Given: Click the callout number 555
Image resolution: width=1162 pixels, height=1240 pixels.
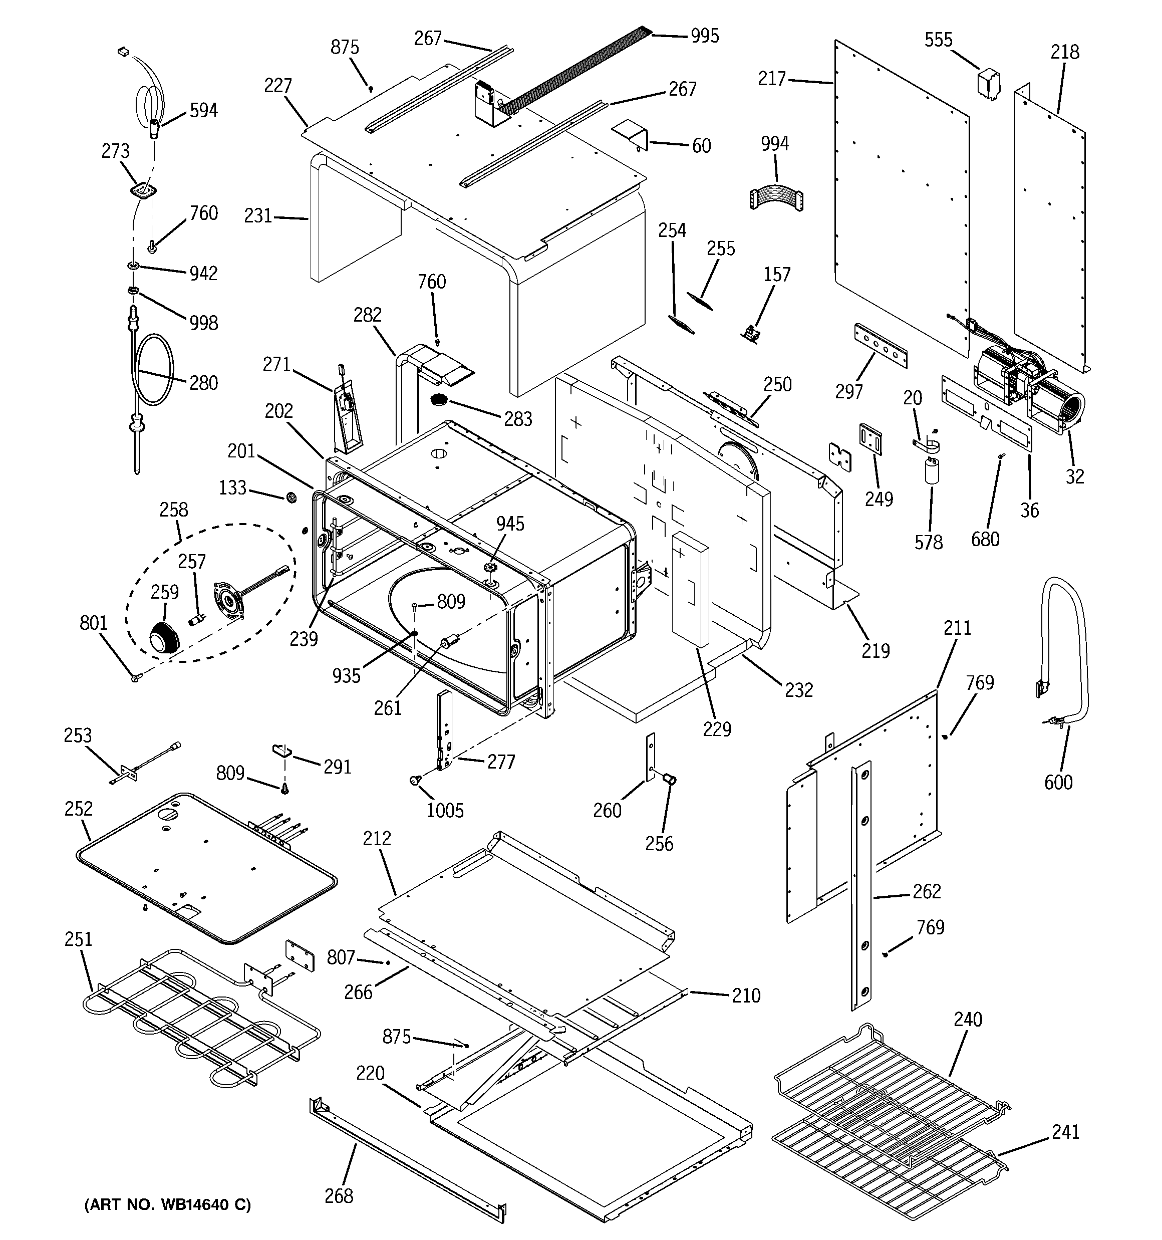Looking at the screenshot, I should tap(938, 41).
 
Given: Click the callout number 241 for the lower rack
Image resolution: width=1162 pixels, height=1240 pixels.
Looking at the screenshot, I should tap(1065, 1131).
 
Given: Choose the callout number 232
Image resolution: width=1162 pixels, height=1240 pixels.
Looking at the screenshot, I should tap(798, 690).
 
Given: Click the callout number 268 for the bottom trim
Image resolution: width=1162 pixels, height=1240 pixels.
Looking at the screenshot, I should tap(339, 1196).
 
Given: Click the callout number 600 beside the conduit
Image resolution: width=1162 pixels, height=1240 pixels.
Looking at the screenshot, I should tap(1058, 782).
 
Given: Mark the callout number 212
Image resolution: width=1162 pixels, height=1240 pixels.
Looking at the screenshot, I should tap(377, 838).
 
